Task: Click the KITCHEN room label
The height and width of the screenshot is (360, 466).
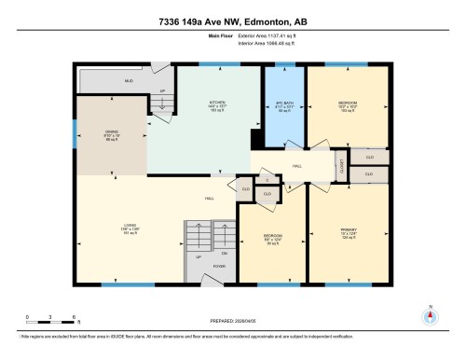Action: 218,104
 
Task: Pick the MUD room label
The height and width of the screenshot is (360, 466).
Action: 130,81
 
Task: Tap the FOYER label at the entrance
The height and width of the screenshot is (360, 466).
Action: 220,266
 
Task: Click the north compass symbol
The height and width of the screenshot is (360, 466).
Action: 430,314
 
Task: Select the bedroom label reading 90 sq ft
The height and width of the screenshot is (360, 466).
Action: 271,239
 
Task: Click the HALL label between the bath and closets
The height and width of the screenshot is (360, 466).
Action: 297,165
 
